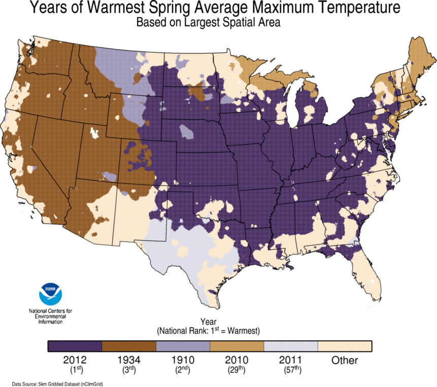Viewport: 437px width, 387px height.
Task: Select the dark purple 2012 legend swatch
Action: pyautogui.click(x=75, y=346)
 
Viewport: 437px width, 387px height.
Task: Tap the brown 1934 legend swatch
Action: pyautogui.click(x=129, y=346)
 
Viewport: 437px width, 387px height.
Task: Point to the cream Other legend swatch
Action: pyautogui.click(x=345, y=346)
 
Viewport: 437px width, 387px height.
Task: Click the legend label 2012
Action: pyautogui.click(x=75, y=361)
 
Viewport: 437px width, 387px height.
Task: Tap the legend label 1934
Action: pyautogui.click(x=129, y=361)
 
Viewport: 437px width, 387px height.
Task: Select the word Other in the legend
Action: pyautogui.click(x=345, y=361)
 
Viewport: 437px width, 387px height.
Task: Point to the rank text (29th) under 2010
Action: pyautogui.click(x=237, y=370)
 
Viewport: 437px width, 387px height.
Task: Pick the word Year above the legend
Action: pyautogui.click(x=209, y=322)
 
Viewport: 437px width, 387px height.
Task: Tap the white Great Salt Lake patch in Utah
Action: pyautogui.click(x=93, y=132)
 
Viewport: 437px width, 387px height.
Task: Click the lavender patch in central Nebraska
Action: pyautogui.click(x=187, y=133)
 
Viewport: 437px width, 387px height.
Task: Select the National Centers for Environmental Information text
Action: pyautogui.click(x=50, y=315)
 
